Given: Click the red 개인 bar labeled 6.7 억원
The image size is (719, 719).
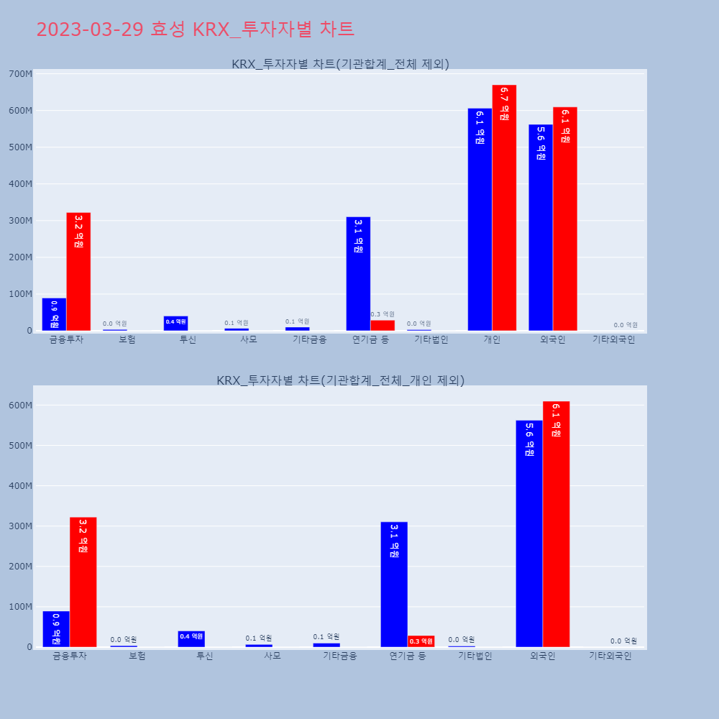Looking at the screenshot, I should coord(504,208).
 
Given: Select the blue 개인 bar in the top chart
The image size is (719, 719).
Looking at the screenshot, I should coord(480,219).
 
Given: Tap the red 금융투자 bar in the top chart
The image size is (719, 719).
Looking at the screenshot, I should coord(78,272).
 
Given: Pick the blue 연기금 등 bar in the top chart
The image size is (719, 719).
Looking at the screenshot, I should coord(358,274).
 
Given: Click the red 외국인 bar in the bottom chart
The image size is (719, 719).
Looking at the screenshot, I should coord(556,524).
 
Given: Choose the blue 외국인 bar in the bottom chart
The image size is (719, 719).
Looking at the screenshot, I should coord(529,533).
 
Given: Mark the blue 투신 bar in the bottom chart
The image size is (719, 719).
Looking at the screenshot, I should coord(191,639).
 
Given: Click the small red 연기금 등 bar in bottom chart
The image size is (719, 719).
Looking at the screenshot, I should coord(421,641).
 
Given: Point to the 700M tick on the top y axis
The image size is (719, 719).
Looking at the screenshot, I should coord(20,74).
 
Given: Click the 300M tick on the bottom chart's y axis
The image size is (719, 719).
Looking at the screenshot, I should coord(20,526).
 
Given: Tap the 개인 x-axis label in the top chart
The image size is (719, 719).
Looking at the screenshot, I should coord(492,339).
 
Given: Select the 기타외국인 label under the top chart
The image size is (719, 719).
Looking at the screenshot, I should coord(613,339).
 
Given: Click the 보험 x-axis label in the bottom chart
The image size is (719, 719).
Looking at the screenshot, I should coord(137,656).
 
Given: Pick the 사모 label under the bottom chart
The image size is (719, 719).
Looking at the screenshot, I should coord(272,656).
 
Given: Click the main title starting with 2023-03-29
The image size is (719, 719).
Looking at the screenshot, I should coord(195,29).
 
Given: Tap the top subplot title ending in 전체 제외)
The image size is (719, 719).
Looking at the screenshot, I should coord(340,64).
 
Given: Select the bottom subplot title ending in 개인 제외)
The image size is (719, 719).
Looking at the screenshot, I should coord(340,380).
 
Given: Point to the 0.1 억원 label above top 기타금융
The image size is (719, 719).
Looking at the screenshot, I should coord(297,321).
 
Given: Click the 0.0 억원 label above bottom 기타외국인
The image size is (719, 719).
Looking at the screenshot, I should coord(624,641).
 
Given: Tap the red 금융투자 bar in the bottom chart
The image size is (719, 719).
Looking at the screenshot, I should coord(83,582).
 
